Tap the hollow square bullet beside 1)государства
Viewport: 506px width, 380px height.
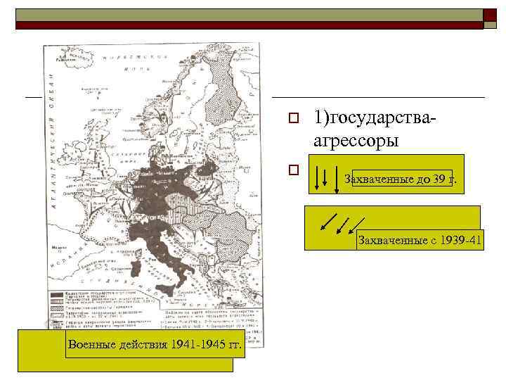(295, 118)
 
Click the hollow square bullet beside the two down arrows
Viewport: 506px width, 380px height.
(295, 170)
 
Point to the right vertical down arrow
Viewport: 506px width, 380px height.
(331, 176)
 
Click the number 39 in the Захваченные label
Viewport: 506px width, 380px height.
(440, 179)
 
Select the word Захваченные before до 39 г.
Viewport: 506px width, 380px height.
(377, 179)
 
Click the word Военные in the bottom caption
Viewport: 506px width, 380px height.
(91, 344)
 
